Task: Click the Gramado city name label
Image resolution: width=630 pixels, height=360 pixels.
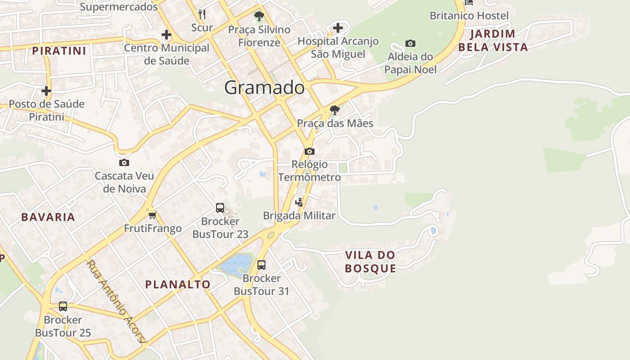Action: click(x=264, y=87)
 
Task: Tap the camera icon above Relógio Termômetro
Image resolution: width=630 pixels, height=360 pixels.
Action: click(x=310, y=151)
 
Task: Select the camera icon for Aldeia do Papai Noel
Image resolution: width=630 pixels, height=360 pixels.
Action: click(x=410, y=44)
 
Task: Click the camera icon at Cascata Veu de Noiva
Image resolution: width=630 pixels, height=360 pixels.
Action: click(x=124, y=162)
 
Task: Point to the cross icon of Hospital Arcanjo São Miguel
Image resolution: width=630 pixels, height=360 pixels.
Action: click(x=338, y=28)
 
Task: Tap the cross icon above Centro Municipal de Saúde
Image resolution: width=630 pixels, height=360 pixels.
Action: click(x=166, y=34)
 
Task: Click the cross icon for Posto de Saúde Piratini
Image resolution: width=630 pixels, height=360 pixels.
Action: click(x=46, y=91)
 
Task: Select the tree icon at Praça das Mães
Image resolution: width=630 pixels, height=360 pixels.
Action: click(x=334, y=110)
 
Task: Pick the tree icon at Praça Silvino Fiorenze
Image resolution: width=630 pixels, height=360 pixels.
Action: click(x=259, y=17)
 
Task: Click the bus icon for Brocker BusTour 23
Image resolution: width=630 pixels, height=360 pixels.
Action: click(x=220, y=208)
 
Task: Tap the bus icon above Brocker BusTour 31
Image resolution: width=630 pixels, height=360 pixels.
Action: click(x=261, y=265)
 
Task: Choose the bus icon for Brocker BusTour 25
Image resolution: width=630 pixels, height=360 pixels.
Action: click(x=63, y=306)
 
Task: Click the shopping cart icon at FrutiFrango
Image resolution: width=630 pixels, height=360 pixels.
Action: click(x=152, y=215)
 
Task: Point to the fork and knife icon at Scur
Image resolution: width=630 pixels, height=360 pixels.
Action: click(x=202, y=14)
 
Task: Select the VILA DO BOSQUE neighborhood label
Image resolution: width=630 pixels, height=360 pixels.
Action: click(x=370, y=261)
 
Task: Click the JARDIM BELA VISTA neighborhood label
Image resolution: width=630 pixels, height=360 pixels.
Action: click(x=493, y=40)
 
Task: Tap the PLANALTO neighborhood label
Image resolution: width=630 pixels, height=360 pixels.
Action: click(x=178, y=284)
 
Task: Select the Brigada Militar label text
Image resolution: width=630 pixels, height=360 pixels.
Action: click(x=299, y=216)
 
